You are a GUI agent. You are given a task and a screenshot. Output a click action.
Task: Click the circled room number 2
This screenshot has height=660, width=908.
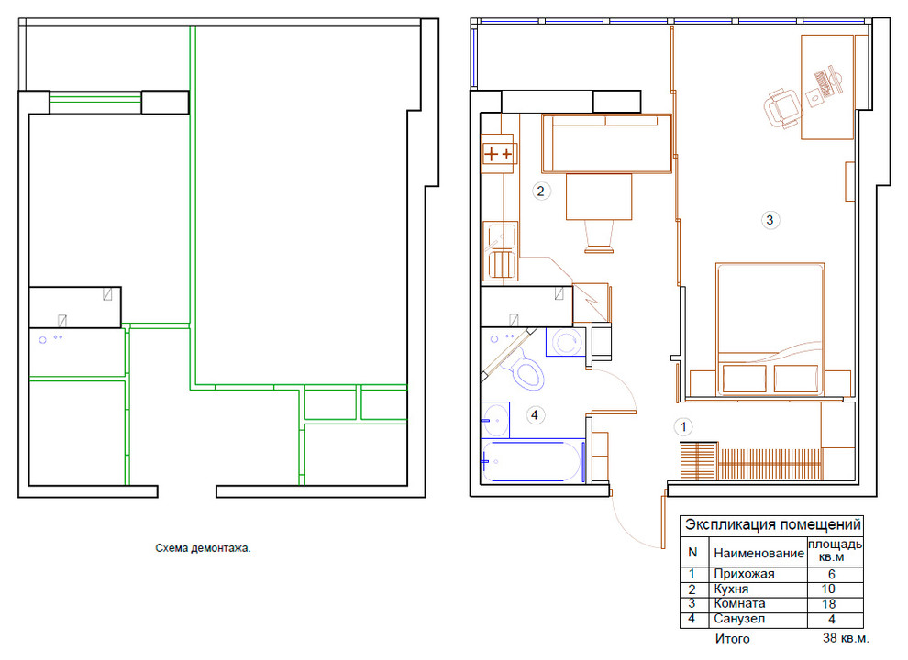pos(541,191)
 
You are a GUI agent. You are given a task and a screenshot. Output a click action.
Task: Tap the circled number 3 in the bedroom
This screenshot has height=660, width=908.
pos(770,220)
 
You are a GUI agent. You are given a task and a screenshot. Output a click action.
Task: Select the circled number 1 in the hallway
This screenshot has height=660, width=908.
pos(683,427)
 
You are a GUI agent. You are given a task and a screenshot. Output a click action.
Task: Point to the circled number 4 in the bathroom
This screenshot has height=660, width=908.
pos(535,415)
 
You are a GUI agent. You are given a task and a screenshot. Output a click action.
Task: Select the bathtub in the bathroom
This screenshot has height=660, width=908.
pos(533,461)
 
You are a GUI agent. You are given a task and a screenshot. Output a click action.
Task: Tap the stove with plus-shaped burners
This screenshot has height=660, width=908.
pos(497,154)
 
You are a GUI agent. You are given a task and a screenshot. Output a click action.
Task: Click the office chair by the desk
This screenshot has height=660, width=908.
pos(783,109)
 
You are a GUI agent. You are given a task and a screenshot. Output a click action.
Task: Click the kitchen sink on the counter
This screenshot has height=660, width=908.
pos(501,251)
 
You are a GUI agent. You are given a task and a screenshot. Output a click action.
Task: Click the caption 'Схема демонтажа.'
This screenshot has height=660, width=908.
pos(203,548)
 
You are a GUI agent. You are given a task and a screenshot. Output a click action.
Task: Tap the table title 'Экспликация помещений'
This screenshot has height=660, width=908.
pos(773,525)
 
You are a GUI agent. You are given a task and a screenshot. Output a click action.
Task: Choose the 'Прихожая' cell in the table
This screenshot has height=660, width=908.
pos(744,574)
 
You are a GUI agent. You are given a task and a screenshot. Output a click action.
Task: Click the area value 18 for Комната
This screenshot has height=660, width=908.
pos(829,604)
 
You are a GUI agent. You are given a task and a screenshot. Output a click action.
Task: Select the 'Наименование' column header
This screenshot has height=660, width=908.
pos(759,553)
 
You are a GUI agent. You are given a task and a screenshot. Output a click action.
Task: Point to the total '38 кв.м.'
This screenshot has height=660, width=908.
pos(846,639)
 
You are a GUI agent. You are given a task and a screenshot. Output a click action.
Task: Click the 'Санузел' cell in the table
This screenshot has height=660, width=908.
pos(739,619)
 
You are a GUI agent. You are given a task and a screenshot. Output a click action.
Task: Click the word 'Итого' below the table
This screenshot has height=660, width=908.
pos(732,639)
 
